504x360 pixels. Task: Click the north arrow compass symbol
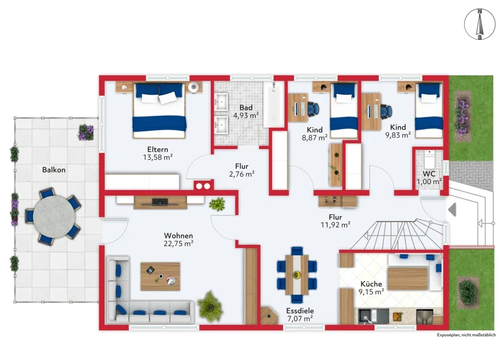point(480,25)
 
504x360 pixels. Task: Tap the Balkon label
point(54,170)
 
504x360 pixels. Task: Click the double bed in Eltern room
point(159,111)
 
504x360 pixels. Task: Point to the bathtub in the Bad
point(274,104)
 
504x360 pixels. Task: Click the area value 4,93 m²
point(246,116)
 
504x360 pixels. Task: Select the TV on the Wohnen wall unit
point(160,202)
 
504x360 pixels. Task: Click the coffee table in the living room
point(160,276)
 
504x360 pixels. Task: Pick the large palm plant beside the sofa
point(210,306)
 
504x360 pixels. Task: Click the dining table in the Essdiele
point(297,275)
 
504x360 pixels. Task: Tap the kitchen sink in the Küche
point(368,316)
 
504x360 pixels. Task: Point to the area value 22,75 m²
point(179,244)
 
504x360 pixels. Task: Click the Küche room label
point(371,284)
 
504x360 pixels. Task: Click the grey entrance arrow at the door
point(452,210)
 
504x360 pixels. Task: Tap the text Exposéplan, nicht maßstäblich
point(466,335)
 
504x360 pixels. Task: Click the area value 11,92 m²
point(335,225)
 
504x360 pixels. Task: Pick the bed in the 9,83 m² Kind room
point(428,111)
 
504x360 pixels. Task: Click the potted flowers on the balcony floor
point(85,132)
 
